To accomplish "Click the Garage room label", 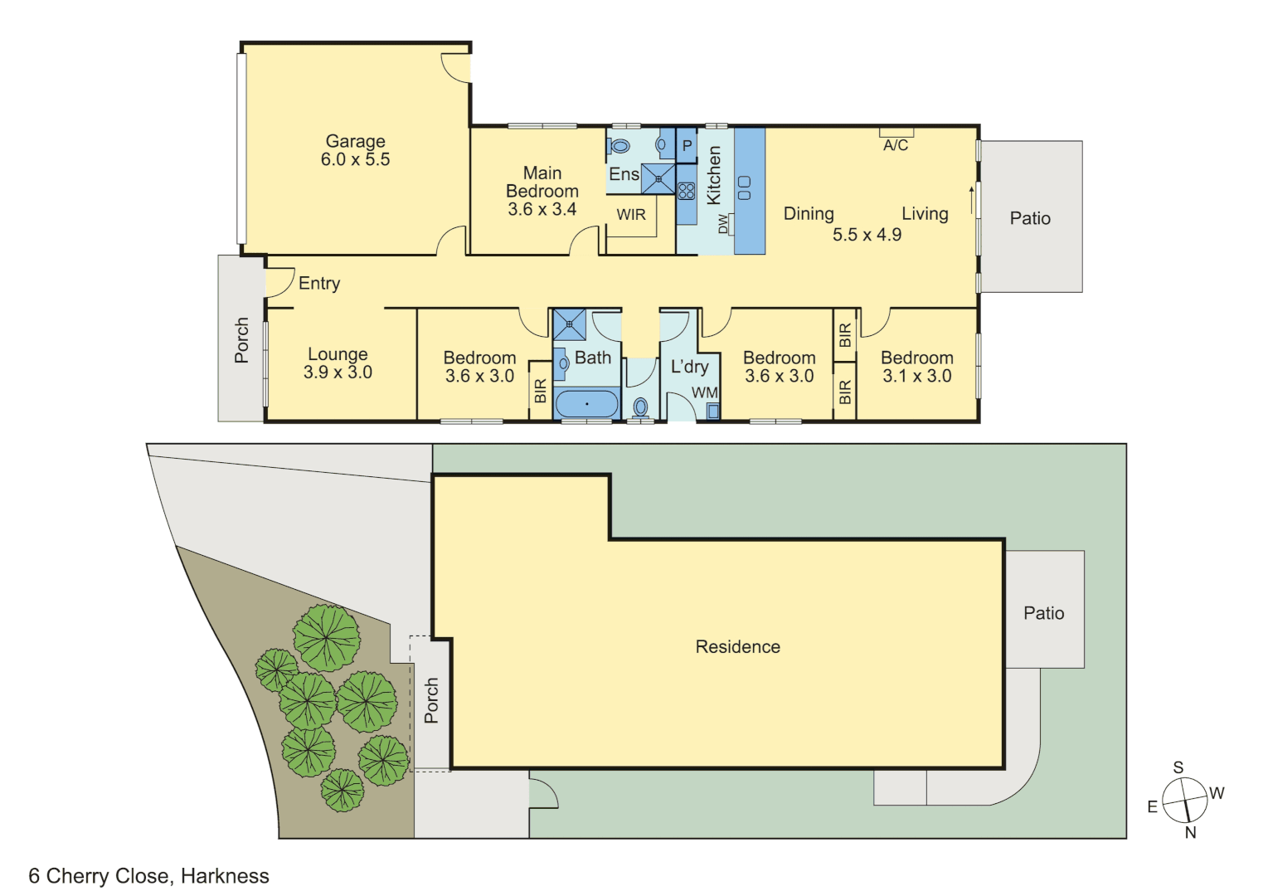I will [355, 141].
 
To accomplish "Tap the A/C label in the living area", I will [896, 145].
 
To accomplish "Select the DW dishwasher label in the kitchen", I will [723, 224].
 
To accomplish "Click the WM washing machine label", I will [705, 392].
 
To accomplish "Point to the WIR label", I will [631, 215].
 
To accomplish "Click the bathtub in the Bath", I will [586, 404].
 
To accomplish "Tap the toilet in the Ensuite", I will [619, 147].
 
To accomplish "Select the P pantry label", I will [687, 146].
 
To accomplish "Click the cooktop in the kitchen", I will [686, 192].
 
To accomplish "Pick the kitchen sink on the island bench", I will [744, 187].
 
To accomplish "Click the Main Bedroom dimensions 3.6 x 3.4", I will [542, 209].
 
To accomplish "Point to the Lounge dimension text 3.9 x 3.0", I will [338, 373].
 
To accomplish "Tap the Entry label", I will [319, 284].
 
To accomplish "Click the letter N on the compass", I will [1191, 832].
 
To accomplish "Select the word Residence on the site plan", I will [737, 647].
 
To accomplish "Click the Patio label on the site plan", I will [1043, 613].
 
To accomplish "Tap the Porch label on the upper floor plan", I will [241, 340].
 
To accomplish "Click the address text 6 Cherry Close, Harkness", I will [149, 876].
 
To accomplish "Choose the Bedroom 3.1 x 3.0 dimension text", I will [916, 376].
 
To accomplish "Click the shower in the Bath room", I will [569, 324].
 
